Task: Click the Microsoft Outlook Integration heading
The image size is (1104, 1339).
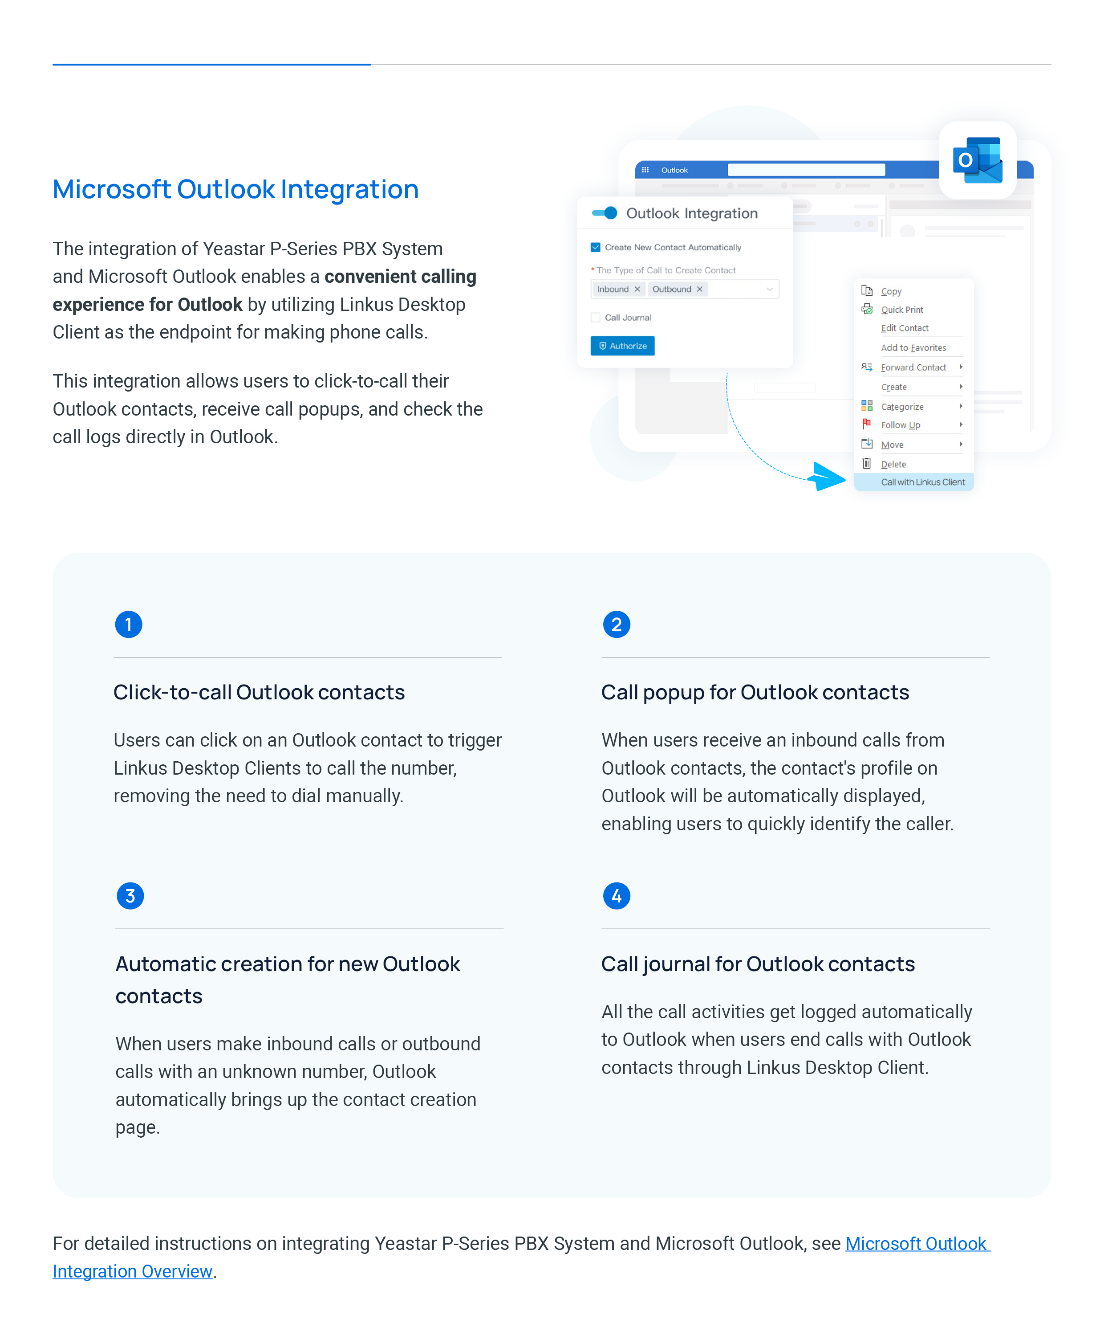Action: (235, 190)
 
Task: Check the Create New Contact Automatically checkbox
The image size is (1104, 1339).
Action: (595, 247)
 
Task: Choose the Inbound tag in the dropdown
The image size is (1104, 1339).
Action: (613, 289)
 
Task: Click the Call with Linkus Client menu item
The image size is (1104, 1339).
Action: (922, 482)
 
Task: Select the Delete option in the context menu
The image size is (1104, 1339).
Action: (893, 464)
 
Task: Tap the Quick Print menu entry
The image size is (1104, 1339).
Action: (901, 309)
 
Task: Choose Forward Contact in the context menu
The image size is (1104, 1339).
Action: (913, 367)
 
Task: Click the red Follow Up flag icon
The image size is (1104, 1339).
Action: (866, 424)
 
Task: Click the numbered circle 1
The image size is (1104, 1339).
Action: (129, 625)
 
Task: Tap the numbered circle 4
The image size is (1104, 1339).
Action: (616, 895)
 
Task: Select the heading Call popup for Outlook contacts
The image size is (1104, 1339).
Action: (755, 692)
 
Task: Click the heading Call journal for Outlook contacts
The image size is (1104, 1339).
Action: (757, 963)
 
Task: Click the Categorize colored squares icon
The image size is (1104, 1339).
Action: (866, 405)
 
